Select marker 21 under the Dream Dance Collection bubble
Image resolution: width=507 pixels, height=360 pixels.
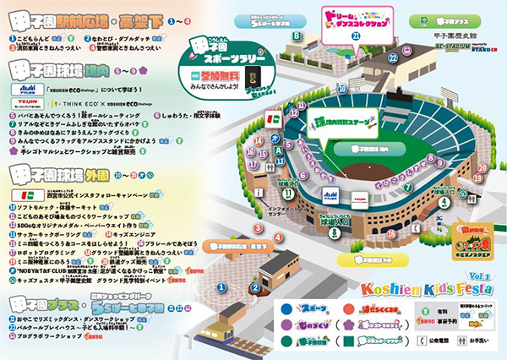(356, 37)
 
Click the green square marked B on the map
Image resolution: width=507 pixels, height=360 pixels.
(297, 35)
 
